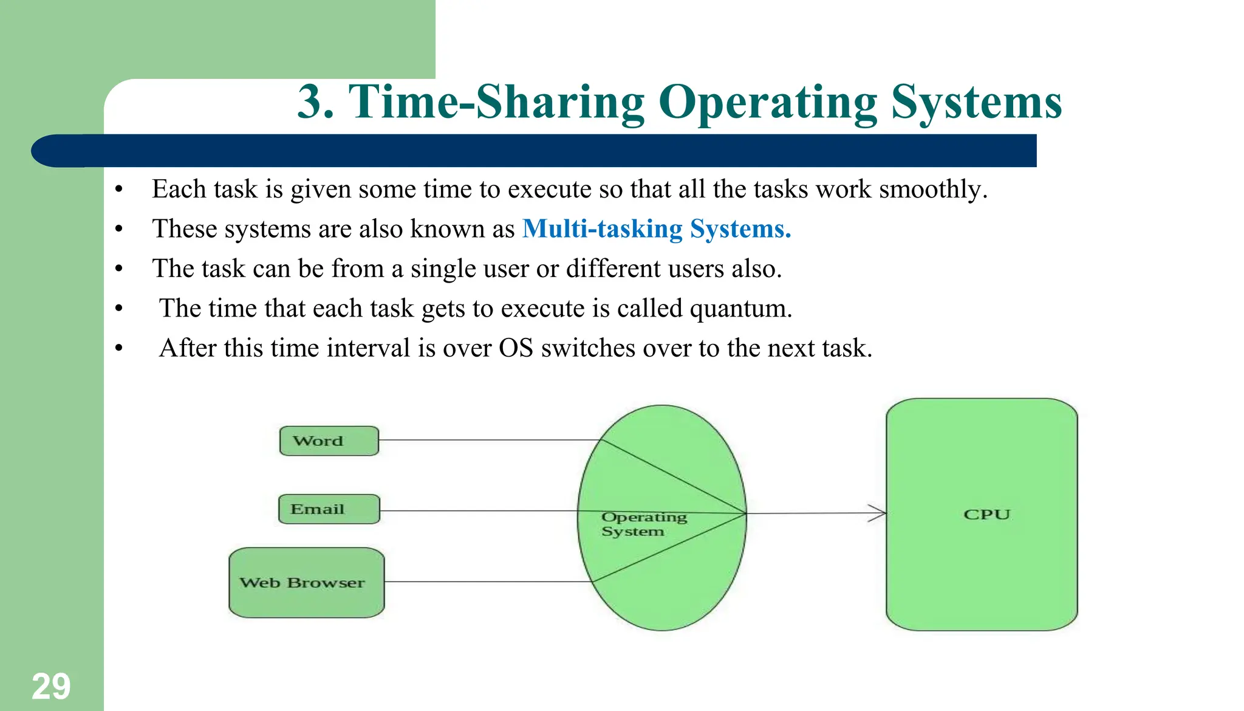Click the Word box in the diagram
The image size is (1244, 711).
pyautogui.click(x=329, y=441)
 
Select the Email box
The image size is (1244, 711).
pyautogui.click(x=329, y=509)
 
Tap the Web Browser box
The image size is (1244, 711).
pyautogui.click(x=306, y=583)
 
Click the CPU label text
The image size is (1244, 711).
pyautogui.click(x=986, y=514)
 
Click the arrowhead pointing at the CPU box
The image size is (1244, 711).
pyautogui.click(x=877, y=513)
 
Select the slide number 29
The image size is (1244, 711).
pyautogui.click(x=51, y=687)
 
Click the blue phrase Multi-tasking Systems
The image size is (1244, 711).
pyautogui.click(x=656, y=229)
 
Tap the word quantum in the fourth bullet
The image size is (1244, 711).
pyautogui.click(x=740, y=309)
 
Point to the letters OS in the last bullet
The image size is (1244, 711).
pyautogui.click(x=516, y=348)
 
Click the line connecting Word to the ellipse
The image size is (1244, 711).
pyautogui.click(x=486, y=440)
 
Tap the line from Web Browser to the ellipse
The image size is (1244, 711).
pyautogui.click(x=486, y=582)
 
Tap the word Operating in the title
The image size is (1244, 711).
pyautogui.click(x=767, y=102)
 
